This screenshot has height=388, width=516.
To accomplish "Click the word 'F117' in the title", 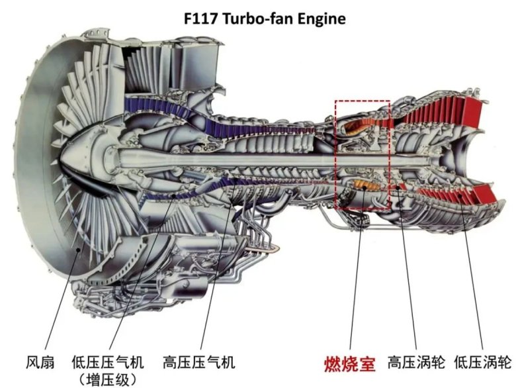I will pyautogui.click(x=200, y=18).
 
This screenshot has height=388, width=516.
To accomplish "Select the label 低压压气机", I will pyautogui.click(x=107, y=363).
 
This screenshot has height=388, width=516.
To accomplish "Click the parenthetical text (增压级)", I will pyautogui.click(x=107, y=379).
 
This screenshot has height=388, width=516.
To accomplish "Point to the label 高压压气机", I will pyautogui.click(x=198, y=363).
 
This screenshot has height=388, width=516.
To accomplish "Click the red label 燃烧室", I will pyautogui.click(x=349, y=363).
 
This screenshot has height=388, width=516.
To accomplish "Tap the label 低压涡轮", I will pyautogui.click(x=483, y=363).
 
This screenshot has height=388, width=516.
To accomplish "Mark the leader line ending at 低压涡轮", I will pyautogui.click(x=473, y=285).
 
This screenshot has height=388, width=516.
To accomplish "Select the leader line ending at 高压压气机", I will pyautogui.click(x=215, y=285).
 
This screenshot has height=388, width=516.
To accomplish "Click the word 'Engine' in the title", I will pyautogui.click(x=323, y=18).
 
